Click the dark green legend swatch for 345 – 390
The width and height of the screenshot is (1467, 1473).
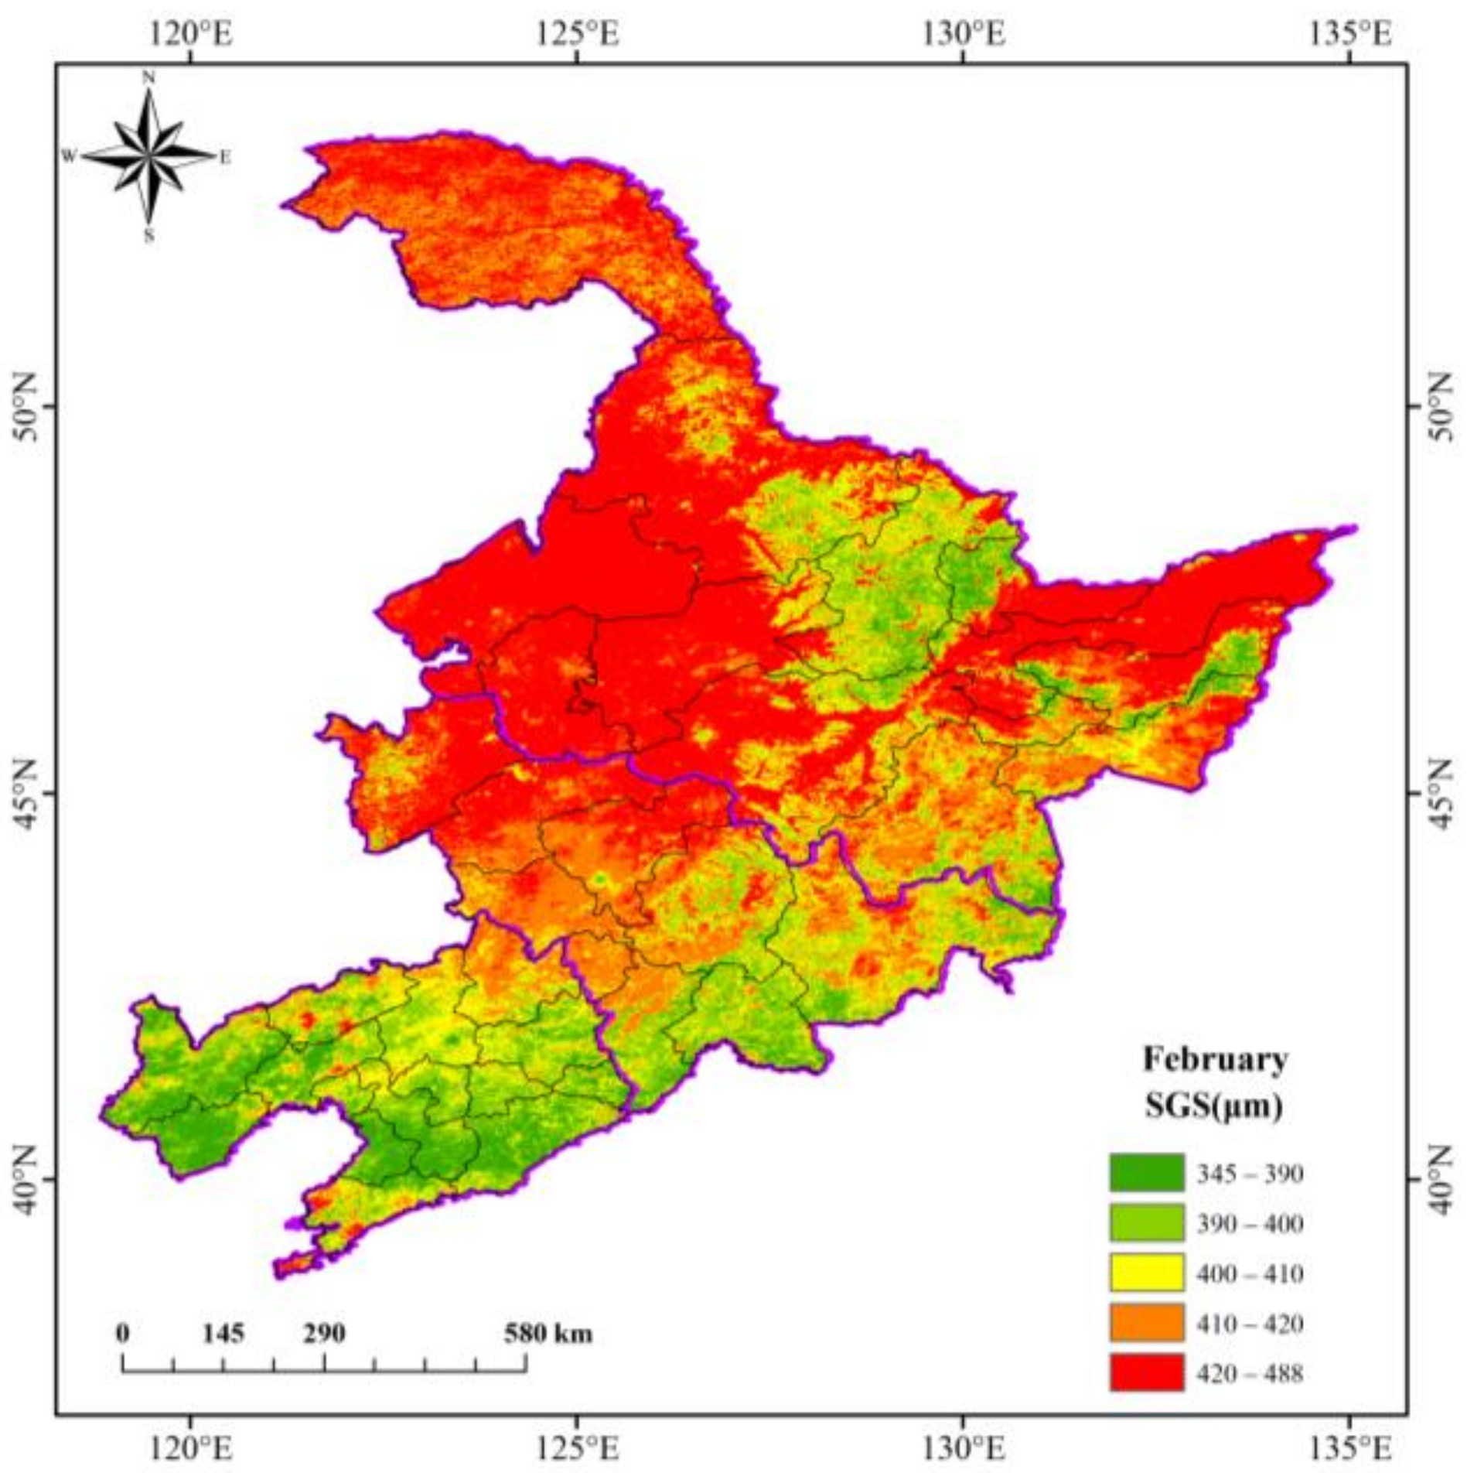coord(1145,1174)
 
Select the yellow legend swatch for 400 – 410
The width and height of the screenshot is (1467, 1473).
coord(1145,1273)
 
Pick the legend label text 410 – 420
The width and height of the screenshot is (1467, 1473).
coord(1249,1324)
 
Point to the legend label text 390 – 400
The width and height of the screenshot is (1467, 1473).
coord(1249,1224)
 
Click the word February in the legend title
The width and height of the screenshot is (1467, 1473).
coord(1215,1059)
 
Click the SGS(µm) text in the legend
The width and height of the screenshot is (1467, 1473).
coord(1213,1107)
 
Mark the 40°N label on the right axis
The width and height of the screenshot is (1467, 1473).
coord(1440,1179)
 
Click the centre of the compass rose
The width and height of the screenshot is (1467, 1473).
coord(148,156)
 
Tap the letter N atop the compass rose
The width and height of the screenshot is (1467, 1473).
coord(148,77)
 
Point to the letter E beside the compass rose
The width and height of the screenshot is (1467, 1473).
coord(225,157)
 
